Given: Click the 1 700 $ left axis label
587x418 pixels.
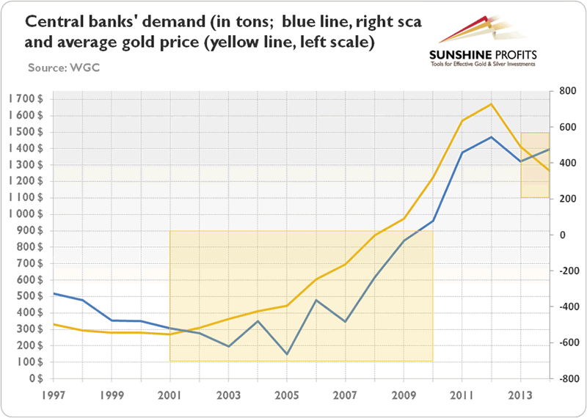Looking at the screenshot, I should click(24, 98).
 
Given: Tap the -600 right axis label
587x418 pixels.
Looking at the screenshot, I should click(562, 342).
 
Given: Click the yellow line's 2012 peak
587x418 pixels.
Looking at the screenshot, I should click(491, 103).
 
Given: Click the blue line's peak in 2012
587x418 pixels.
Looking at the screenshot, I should click(491, 137).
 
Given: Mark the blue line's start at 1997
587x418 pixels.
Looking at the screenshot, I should click(54, 293).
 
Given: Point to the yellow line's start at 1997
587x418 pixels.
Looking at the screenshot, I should click(54, 324).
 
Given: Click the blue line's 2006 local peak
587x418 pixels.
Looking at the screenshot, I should click(316, 300).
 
